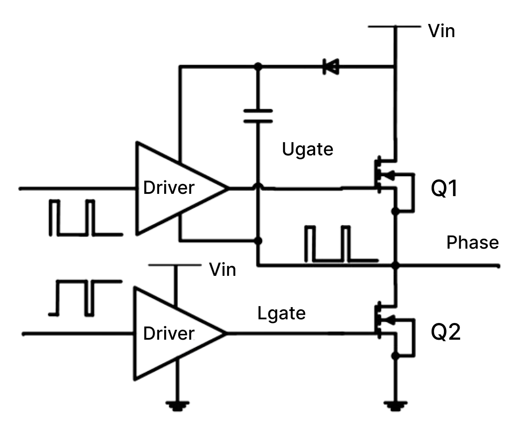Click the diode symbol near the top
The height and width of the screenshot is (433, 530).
pos(330,67)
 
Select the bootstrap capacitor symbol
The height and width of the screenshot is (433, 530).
pos(258,116)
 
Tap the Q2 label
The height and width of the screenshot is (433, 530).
pos(445,333)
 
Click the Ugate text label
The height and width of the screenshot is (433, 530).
pos(307,149)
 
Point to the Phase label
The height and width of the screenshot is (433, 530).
pos(472,243)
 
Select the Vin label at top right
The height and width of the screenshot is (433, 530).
pos(441,31)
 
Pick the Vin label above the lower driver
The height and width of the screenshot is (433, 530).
pos(222,270)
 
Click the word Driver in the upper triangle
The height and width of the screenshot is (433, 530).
pos(169,188)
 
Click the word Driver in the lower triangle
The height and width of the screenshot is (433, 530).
pos(169,334)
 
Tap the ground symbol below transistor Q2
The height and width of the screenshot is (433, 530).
pos(396,405)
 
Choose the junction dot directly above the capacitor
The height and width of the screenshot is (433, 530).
pos(258,67)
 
